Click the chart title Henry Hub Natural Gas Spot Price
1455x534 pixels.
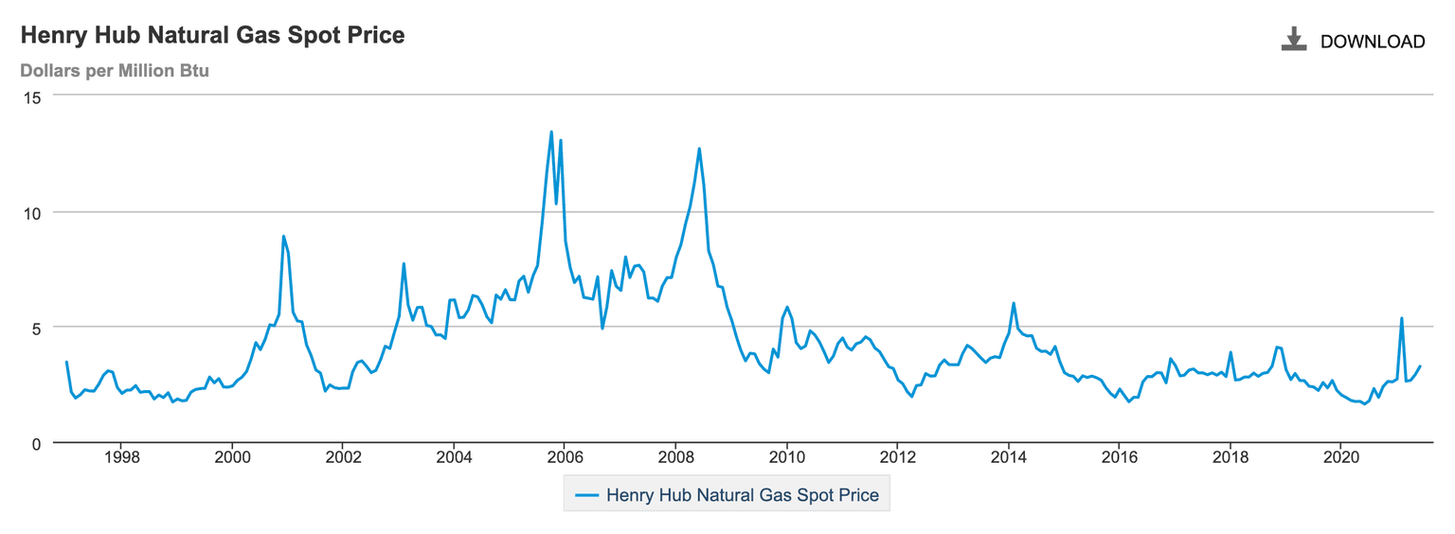(x=212, y=36)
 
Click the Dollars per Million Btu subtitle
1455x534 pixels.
(x=115, y=71)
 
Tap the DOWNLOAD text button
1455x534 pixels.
(x=1372, y=42)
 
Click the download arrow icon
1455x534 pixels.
(x=1293, y=40)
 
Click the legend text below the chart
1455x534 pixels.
(x=742, y=494)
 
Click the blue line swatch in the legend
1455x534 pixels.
(x=586, y=494)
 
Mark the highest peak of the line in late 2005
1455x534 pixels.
(x=551, y=133)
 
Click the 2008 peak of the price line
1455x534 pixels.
(x=699, y=149)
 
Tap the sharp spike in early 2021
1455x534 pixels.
(x=1401, y=318)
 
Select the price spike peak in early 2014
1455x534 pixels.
(x=1014, y=303)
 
